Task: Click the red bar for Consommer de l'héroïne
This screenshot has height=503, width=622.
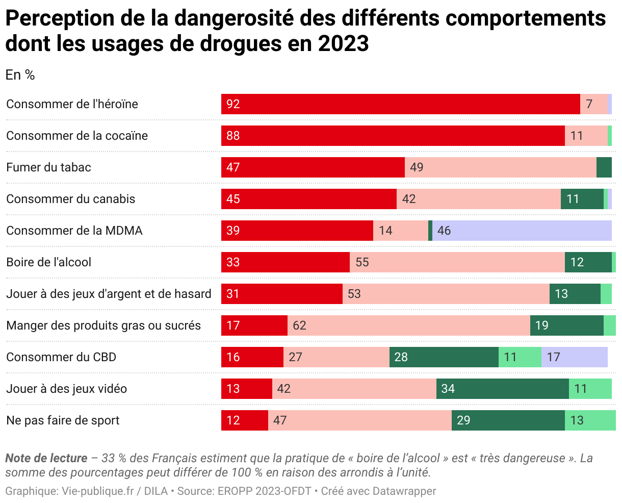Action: pos(400,104)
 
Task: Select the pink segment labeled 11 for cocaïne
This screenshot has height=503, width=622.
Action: pos(586,136)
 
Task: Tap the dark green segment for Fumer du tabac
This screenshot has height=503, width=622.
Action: pos(604,167)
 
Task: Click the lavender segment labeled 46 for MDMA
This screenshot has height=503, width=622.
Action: pos(522,231)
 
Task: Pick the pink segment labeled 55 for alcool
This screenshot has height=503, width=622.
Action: pos(457,262)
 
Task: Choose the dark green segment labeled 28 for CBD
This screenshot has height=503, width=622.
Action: pos(444,357)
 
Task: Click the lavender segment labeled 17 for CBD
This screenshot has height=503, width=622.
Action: pos(574,357)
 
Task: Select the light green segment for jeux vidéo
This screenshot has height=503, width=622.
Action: pos(590,389)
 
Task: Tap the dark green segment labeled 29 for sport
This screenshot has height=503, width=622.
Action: pos(508,420)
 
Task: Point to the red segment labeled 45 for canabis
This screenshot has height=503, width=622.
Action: pos(308,199)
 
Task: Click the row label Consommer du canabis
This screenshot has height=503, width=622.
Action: pos(70,199)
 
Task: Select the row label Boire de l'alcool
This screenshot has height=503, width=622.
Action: pos(48,262)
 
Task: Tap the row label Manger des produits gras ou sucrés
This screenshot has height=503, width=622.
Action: pos(103,325)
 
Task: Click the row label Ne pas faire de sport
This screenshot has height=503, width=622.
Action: pos(63,420)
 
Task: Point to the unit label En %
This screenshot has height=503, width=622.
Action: pos(20,75)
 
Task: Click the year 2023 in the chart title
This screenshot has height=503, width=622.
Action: pos(343,44)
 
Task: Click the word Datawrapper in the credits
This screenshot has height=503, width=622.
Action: pos(404,491)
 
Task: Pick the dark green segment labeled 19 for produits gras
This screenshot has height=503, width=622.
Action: pos(566,325)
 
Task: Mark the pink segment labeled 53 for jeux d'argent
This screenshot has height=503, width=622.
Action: pos(446,294)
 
